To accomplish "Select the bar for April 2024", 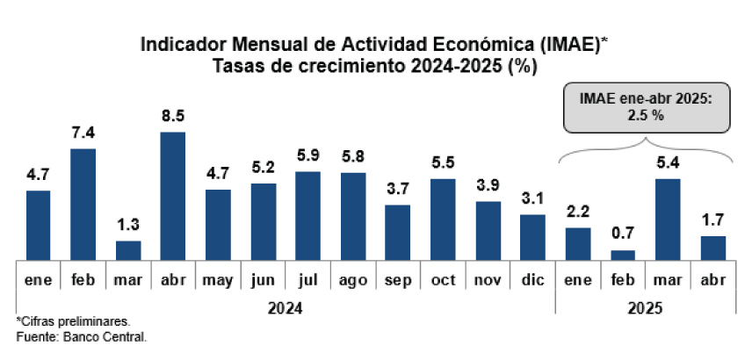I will tap(173, 196).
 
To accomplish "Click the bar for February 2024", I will tap(83, 204).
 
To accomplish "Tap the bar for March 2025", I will tap(668, 219).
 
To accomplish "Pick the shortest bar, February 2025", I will tap(623, 255).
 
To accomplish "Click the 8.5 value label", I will tap(173, 115).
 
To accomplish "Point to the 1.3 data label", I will tap(128, 225).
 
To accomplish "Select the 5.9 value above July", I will tap(307, 155).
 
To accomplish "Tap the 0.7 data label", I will tap(623, 234).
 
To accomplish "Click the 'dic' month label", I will tap(532, 281).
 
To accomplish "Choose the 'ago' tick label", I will tap(353, 281).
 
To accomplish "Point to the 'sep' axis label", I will tap(398, 282).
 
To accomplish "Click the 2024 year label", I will tap(286, 309).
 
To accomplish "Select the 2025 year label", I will tap(645, 309).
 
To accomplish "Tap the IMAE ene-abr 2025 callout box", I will tap(645, 108).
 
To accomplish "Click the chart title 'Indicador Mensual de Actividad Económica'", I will tap(372, 45).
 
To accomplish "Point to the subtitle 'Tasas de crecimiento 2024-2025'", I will tap(372, 66).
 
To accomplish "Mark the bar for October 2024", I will tap(443, 219).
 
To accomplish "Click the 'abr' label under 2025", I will tap(712, 281).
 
